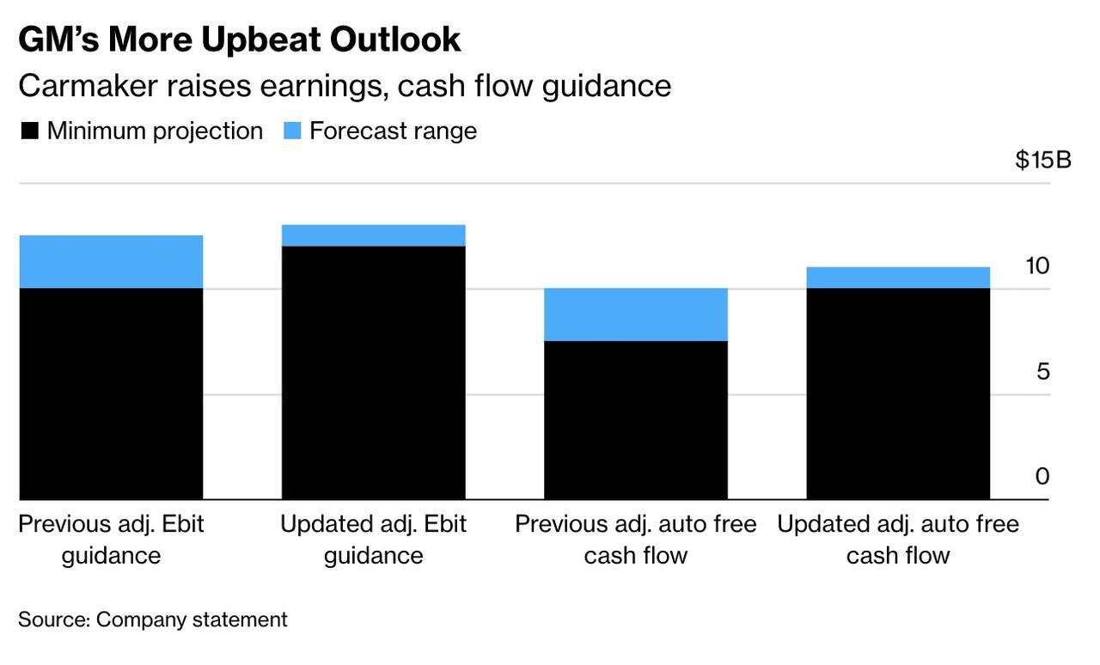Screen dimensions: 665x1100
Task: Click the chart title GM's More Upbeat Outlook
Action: (239, 40)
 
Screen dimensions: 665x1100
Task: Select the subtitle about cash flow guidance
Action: (344, 86)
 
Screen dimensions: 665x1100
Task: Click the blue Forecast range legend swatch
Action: (292, 131)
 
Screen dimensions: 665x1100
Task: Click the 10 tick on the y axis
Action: (1037, 266)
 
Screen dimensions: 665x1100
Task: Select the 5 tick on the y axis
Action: (1042, 372)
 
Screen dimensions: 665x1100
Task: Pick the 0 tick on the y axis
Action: (1042, 477)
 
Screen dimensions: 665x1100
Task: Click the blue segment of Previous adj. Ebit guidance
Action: (111, 261)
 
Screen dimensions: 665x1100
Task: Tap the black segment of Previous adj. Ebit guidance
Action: (111, 394)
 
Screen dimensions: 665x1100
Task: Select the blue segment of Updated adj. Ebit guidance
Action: (374, 235)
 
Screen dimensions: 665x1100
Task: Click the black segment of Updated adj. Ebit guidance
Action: (374, 373)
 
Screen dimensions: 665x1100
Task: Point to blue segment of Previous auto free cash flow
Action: (636, 314)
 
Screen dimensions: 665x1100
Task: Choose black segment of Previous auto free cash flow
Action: (636, 420)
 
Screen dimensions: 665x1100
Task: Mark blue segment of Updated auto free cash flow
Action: (898, 278)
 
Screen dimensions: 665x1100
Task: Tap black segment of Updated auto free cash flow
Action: (898, 394)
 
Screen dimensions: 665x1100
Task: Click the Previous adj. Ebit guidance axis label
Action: (111, 540)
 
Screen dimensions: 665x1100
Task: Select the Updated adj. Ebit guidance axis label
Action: (374, 540)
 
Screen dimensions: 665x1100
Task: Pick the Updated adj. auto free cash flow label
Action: (898, 540)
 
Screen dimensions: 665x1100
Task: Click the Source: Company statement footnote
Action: (153, 619)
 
